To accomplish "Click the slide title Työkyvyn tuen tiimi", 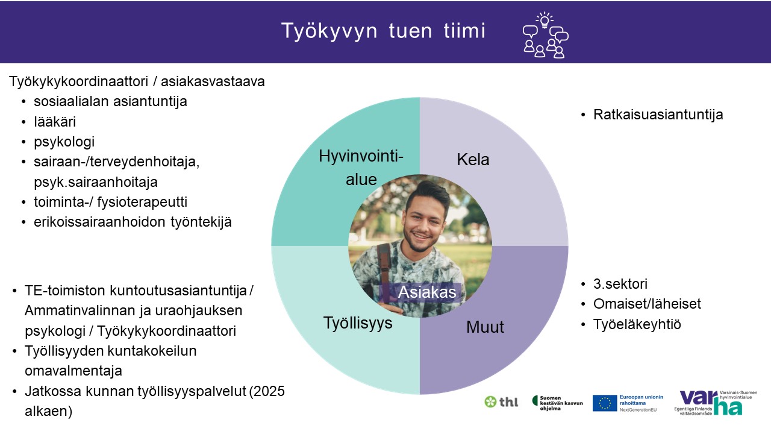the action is [x=384, y=31].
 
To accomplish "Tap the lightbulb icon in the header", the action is [x=544, y=20].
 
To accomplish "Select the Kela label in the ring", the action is [x=473, y=160].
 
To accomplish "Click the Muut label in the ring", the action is [x=485, y=327].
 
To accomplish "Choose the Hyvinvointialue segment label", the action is [x=361, y=168].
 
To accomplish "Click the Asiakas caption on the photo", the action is [x=427, y=292].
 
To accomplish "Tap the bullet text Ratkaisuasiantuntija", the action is [x=658, y=115].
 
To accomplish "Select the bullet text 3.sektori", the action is [x=620, y=284].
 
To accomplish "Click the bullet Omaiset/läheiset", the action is [x=647, y=304].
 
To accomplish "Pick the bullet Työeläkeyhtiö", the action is [x=637, y=324].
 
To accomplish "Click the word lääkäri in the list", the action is [x=55, y=122].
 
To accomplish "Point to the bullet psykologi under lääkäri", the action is [x=64, y=142].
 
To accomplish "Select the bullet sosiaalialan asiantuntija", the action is [x=110, y=102].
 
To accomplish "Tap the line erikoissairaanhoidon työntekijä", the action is [x=133, y=222].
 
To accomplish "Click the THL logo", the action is [x=501, y=401].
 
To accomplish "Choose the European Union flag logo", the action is [x=604, y=403].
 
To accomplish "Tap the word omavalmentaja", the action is [x=73, y=371].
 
